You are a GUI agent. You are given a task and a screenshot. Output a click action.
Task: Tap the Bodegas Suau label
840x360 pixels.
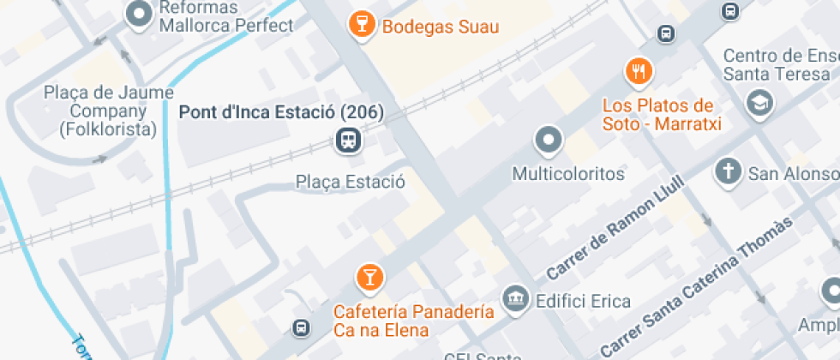441,27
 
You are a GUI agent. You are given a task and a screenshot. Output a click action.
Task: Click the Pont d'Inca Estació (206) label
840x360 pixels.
280,112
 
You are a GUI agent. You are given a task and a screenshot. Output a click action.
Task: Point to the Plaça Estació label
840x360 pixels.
350,182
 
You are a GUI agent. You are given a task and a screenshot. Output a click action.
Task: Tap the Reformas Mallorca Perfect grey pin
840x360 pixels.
138,14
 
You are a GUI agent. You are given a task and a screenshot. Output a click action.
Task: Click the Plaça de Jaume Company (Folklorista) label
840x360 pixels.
109,111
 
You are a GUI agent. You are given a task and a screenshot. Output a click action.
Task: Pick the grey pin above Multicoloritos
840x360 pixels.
548,139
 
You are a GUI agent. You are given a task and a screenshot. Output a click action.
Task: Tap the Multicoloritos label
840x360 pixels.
568,174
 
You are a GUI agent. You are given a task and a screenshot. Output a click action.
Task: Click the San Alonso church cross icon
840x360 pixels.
728,171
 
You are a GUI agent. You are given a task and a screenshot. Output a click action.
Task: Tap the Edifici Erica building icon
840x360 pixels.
515,298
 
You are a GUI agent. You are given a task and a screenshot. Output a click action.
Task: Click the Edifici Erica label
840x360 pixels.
583,301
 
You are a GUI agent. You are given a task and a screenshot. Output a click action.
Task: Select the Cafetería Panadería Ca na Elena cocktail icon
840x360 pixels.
369,276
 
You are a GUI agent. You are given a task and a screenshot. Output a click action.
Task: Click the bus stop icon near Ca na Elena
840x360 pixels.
301,327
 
